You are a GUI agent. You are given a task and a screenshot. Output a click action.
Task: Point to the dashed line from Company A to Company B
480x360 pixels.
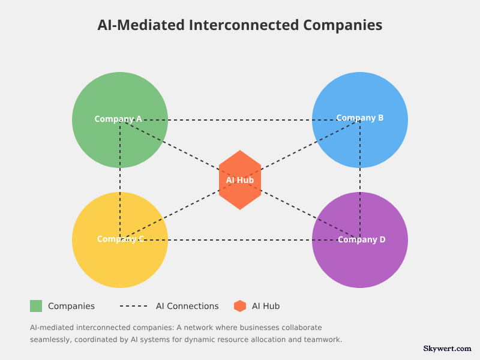240,120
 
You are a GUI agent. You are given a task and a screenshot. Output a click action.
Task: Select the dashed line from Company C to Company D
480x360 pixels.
240,240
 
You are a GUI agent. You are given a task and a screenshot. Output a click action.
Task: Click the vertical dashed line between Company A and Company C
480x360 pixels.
120,180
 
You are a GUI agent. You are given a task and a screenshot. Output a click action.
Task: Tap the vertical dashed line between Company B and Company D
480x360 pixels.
360,180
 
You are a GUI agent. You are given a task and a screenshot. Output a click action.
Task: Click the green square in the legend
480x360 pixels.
36,306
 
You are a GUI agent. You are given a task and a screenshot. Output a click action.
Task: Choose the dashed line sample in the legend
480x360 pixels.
133,306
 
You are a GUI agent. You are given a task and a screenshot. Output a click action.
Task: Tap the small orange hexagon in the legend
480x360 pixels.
240,306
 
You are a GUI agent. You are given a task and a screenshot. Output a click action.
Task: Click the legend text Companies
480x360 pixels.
71,306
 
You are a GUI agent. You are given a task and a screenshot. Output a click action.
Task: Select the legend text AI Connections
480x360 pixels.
187,306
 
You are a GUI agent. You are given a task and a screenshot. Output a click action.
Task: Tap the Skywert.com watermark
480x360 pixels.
447,348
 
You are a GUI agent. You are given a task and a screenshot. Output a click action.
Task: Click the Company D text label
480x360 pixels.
362,239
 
